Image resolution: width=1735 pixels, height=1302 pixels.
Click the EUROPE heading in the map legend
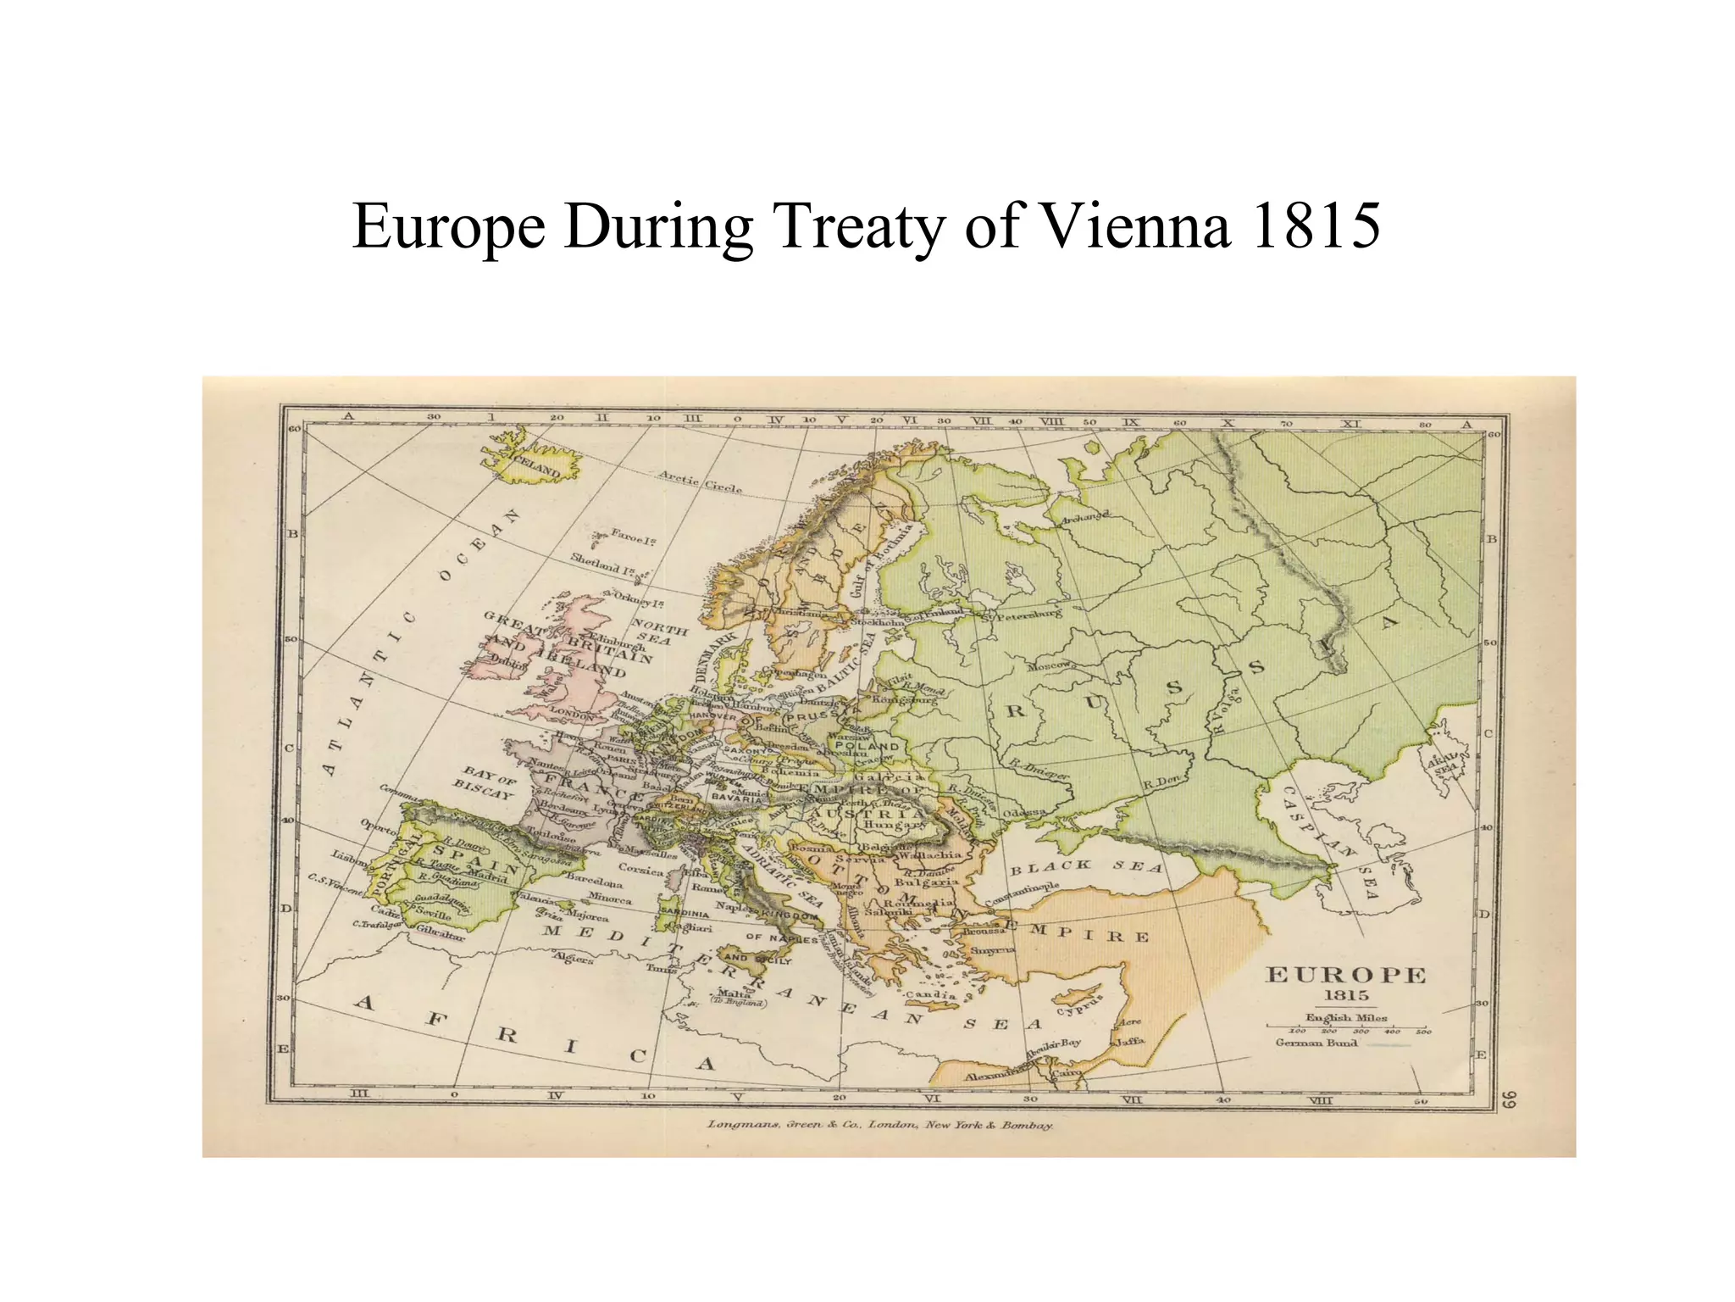tap(1345, 976)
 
